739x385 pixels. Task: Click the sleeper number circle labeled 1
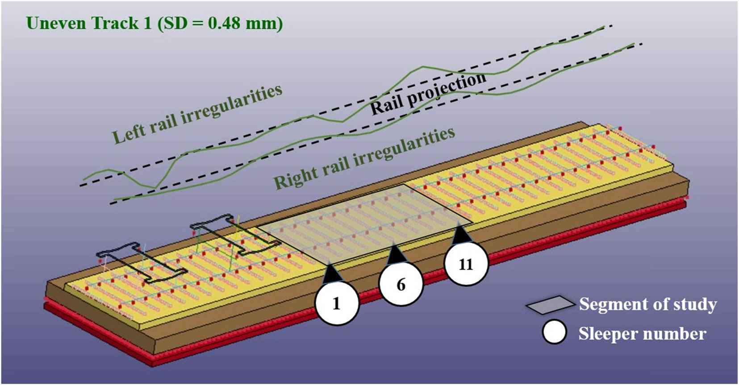pyautogui.click(x=336, y=303)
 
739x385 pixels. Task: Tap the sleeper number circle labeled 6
pyautogui.click(x=401, y=284)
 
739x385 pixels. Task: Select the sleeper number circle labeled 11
pyautogui.click(x=466, y=265)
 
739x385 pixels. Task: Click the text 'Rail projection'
pyautogui.click(x=428, y=94)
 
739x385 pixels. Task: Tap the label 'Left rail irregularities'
pyautogui.click(x=196, y=114)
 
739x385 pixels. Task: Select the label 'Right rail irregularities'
pyautogui.click(x=364, y=157)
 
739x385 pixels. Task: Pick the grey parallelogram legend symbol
pyautogui.click(x=550, y=305)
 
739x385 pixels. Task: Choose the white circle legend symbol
pyautogui.click(x=554, y=332)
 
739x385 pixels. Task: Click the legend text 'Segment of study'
pyautogui.click(x=647, y=304)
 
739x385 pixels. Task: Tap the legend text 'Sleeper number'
pyautogui.click(x=642, y=334)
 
